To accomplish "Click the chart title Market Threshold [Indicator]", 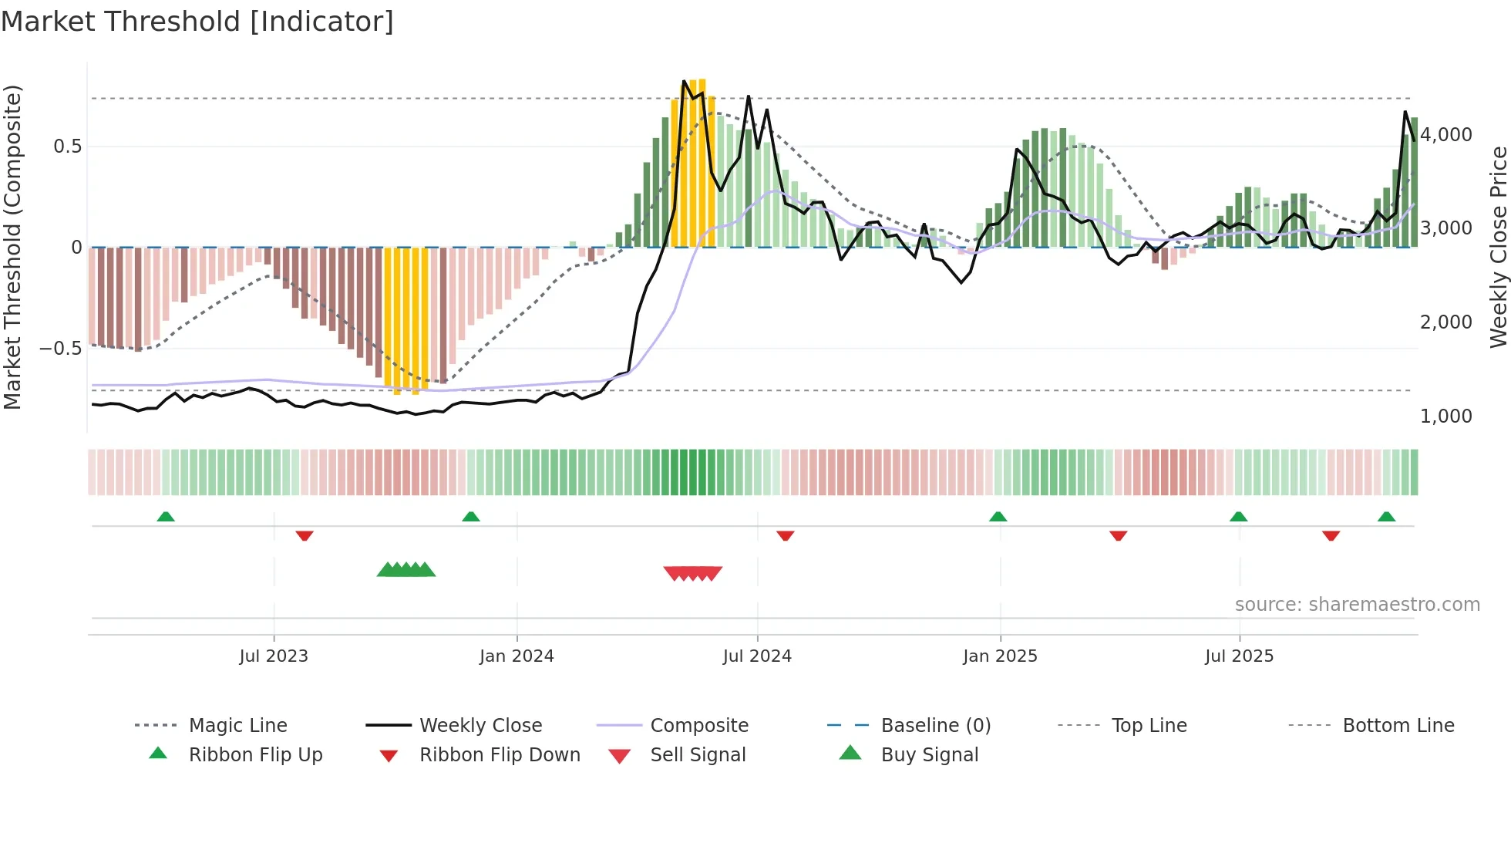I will [197, 22].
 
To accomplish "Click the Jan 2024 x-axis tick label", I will [517, 656].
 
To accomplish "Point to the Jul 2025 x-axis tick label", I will [1239, 656].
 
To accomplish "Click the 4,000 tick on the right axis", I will [1446, 135].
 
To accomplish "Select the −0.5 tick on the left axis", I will [60, 348].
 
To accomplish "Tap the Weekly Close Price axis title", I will [1498, 247].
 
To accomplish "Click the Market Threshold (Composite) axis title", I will [12, 247].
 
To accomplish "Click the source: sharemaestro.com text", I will [1357, 605].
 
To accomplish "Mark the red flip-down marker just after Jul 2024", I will [786, 535].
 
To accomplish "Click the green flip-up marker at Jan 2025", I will [998, 516].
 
